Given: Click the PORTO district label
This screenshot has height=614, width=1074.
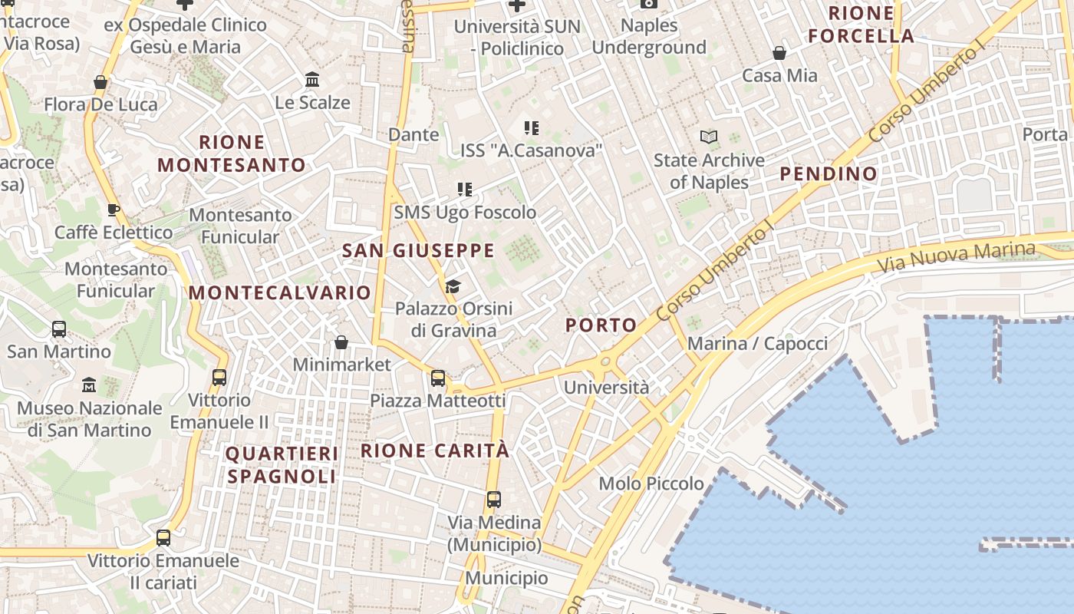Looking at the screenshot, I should pyautogui.click(x=601, y=325).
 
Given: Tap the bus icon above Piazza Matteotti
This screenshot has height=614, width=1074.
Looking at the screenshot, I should pyautogui.click(x=438, y=378).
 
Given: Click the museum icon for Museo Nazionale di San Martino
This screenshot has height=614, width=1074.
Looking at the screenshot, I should pyautogui.click(x=89, y=385).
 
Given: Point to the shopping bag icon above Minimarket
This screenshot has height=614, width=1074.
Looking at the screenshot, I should pyautogui.click(x=341, y=342).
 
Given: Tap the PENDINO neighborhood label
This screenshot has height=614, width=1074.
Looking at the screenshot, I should pyautogui.click(x=829, y=174).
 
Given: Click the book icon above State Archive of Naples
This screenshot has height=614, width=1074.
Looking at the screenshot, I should pyautogui.click(x=709, y=137).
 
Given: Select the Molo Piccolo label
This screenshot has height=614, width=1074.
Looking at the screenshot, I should pyautogui.click(x=651, y=484).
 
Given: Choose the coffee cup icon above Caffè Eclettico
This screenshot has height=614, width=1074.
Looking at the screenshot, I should pyautogui.click(x=114, y=210).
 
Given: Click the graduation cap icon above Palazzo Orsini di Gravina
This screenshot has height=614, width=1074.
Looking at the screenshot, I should pyautogui.click(x=453, y=287).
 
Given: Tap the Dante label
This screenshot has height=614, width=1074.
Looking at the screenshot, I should pyautogui.click(x=413, y=135).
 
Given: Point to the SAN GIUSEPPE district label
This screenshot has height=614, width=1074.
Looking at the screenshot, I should pyautogui.click(x=418, y=251).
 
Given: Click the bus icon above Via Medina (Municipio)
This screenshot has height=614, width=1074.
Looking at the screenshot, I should pyautogui.click(x=494, y=500).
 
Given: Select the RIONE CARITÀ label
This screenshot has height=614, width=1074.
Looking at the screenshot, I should pyautogui.click(x=435, y=451).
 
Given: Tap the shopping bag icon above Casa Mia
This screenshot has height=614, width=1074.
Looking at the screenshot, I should pyautogui.click(x=779, y=53).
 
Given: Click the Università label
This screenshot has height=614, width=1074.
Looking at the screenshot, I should pyautogui.click(x=606, y=388).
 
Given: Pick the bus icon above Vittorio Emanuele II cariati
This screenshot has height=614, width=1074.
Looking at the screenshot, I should pyautogui.click(x=163, y=538).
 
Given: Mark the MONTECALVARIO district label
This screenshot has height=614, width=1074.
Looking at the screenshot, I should pyautogui.click(x=280, y=293).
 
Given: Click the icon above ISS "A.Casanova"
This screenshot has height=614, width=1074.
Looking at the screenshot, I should pyautogui.click(x=532, y=128).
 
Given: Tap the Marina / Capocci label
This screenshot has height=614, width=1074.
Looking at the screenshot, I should pyautogui.click(x=757, y=344).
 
